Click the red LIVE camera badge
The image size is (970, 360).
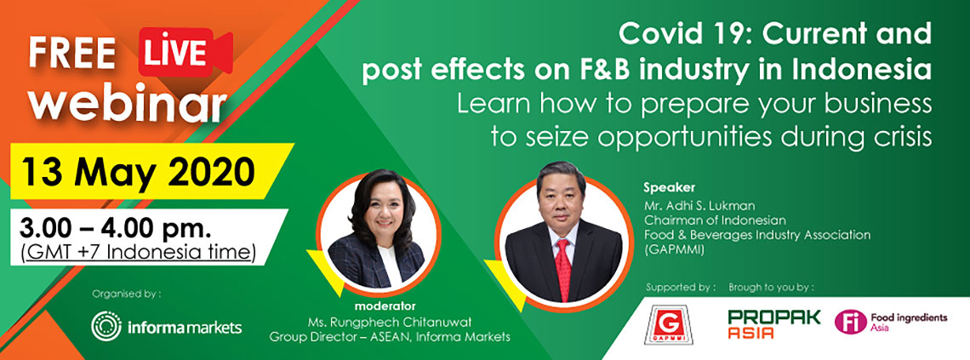coord(185,54)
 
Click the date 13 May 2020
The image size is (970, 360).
coord(138,170)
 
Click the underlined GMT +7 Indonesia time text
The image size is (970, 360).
coord(138,253)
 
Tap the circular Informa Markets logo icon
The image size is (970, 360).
coord(106,326)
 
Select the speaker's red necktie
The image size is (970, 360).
coord(563,267)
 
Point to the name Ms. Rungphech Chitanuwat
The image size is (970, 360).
coord(389,322)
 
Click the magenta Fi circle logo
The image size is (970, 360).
coord(851,323)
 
